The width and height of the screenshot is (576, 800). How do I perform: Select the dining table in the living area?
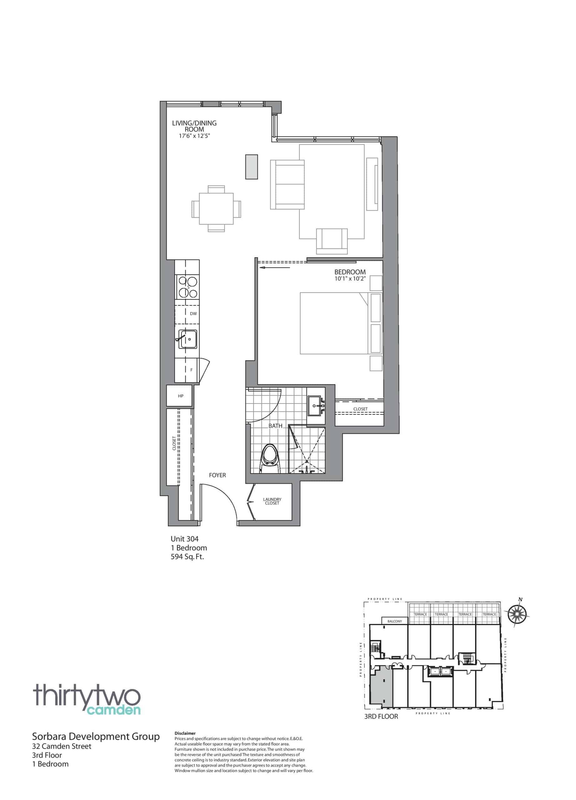[216, 208]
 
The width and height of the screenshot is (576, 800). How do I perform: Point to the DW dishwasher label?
[193, 313]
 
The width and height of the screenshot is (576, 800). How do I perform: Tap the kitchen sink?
[188, 339]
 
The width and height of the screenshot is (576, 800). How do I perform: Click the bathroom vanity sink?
[316, 406]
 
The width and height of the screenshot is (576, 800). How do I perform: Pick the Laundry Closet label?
[272, 501]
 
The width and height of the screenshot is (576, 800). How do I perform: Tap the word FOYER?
[217, 475]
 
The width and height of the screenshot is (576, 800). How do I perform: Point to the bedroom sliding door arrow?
[274, 268]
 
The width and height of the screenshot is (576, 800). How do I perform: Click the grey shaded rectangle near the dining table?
[252, 167]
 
